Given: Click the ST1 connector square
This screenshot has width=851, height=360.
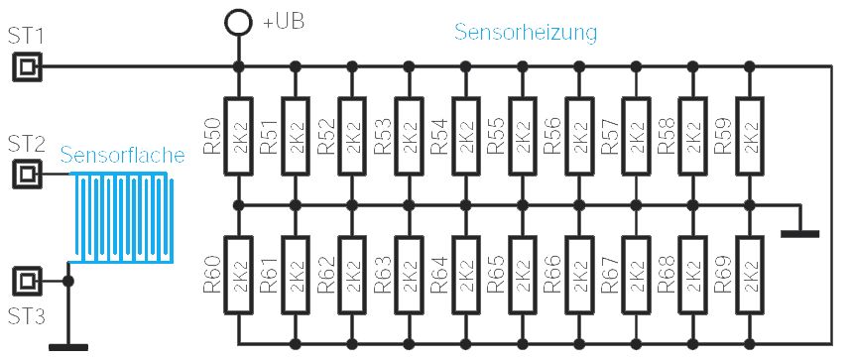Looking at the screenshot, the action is tap(26, 66).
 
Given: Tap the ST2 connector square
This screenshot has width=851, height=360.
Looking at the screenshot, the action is tap(26, 174).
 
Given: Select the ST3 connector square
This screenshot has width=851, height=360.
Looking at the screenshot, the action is tap(26, 281).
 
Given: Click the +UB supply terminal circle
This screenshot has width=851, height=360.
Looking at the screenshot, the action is tap(238, 22).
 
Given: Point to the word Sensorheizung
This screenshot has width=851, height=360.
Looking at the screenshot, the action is tap(526, 33).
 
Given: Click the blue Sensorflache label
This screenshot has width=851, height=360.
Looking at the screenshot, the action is tap(122, 156).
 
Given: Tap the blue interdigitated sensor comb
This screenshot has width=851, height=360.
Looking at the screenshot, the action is tap(123, 218).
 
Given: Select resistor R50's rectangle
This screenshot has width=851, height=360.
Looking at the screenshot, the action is tap(238, 136).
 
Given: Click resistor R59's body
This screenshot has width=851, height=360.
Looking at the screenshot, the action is tap(750, 136).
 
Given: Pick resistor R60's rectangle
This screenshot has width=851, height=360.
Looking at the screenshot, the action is tap(238, 276).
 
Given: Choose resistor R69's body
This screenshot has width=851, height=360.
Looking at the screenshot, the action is tap(750, 276).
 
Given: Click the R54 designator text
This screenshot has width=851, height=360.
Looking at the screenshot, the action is tap(439, 136).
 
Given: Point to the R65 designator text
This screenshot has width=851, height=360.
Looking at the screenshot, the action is tap(496, 276).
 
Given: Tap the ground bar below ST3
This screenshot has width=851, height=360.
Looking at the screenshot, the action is tap(68, 347).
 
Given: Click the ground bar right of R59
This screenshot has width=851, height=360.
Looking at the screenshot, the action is tap(800, 234).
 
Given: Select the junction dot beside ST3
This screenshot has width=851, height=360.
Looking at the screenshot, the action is tap(68, 281).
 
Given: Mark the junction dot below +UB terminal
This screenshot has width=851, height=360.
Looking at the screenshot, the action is tap(238, 66).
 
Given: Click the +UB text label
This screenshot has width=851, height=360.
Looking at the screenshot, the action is tap(284, 23).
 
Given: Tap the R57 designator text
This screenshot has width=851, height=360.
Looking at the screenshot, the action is tap(610, 136).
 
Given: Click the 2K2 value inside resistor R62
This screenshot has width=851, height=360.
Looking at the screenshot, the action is tap(352, 276).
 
